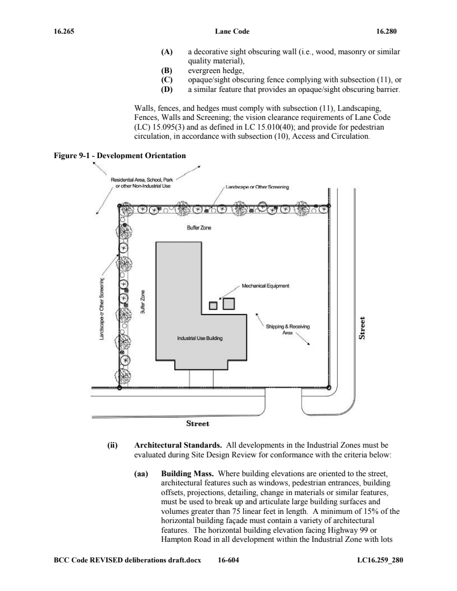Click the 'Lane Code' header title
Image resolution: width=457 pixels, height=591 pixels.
tap(232, 31)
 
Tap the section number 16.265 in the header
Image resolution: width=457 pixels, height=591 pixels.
tap(64, 31)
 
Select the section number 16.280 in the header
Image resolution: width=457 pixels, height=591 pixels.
tap(386, 31)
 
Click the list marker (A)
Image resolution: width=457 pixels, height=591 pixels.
tap(167, 51)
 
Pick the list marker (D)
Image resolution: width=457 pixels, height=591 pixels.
tap(167, 89)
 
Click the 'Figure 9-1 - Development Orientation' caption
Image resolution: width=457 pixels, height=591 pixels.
tap(119, 156)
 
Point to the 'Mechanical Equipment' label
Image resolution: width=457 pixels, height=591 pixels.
tap(266, 286)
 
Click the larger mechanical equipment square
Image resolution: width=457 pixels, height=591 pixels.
tap(228, 303)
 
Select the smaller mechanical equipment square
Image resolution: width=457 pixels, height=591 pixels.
tap(213, 305)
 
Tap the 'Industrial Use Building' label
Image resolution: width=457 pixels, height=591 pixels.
tap(200, 338)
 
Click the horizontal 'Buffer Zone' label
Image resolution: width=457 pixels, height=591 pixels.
tap(199, 228)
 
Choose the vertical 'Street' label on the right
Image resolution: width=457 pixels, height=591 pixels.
tap(362, 328)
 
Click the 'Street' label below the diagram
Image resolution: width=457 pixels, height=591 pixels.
tap(198, 424)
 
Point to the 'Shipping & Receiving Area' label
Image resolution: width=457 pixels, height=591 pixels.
tap(288, 329)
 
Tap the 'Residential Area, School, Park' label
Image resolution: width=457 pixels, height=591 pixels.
tap(142, 180)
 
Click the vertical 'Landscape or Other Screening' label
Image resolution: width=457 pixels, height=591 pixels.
tap(102, 309)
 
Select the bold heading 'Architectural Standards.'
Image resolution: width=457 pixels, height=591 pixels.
tap(178, 445)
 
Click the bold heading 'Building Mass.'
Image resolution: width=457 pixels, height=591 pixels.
tap(187, 473)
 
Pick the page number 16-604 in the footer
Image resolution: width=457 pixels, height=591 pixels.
tap(228, 560)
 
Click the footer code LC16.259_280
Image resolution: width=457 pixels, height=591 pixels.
tap(380, 560)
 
